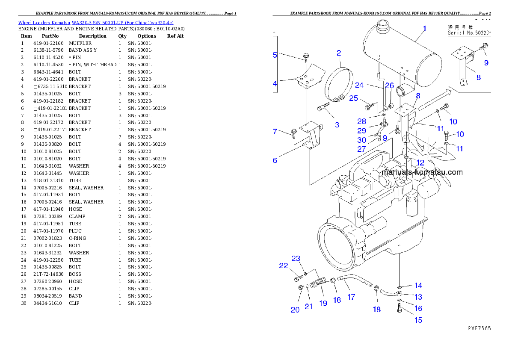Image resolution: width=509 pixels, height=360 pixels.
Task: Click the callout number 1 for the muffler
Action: coord(424,29)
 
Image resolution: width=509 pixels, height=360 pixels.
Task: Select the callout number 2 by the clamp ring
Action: coord(339,53)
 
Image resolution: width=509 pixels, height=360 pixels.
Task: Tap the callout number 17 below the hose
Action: coord(351,297)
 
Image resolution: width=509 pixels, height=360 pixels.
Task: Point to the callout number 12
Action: coord(420,163)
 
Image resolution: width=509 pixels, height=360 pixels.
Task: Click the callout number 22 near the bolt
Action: coord(284,266)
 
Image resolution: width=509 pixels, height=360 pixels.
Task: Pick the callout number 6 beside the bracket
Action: coord(275,160)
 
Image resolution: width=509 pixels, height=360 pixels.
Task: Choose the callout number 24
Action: coord(359,85)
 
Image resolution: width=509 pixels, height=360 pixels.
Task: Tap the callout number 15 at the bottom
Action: coord(418,320)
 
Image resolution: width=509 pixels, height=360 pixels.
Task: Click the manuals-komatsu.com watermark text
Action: coord(422,172)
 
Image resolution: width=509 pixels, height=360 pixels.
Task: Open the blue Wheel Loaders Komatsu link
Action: coord(95,22)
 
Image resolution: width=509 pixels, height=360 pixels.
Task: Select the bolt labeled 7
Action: coord(294,133)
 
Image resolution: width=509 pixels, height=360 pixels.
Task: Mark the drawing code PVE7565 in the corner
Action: coord(479,329)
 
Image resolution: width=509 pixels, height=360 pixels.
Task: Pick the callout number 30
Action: coord(362,140)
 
